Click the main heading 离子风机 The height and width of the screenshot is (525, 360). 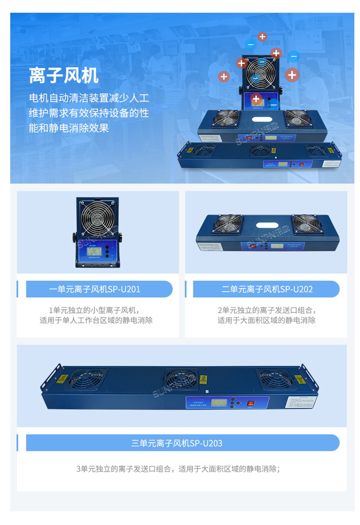tap(63, 75)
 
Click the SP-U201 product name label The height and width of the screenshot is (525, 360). tap(95, 289)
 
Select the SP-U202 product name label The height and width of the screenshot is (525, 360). tap(267, 289)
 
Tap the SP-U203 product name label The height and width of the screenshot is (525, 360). tap(177, 443)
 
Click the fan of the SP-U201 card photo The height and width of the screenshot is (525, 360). tap(98, 216)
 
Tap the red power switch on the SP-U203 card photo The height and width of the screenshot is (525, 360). tap(250, 403)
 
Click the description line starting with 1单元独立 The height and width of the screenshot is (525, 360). tap(96, 310)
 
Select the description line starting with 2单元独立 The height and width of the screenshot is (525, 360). tap(266, 310)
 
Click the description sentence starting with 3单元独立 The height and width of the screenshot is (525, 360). tap(178, 469)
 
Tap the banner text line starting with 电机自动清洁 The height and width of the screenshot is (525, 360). tap(89, 98)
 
